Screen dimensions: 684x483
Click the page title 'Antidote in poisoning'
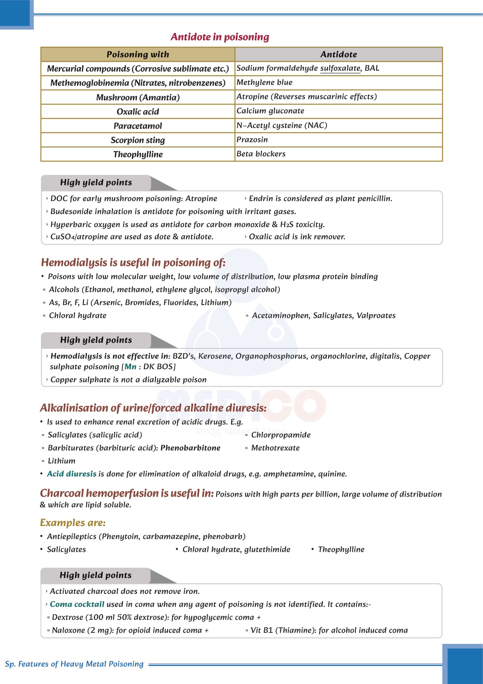(x=220, y=37)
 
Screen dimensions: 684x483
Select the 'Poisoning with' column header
(x=137, y=54)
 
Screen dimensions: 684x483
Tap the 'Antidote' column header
(x=339, y=54)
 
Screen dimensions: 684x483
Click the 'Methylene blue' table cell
(x=264, y=82)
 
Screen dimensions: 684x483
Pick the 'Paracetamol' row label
(x=137, y=126)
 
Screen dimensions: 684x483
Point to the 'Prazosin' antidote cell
(x=252, y=140)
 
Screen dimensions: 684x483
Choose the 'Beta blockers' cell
(x=261, y=154)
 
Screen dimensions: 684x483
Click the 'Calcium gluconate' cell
(x=270, y=111)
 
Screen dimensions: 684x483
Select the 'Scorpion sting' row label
(x=137, y=140)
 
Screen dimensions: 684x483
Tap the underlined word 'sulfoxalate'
(x=340, y=68)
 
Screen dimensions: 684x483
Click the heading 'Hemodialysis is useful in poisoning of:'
(x=133, y=262)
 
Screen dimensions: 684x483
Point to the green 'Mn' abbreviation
(x=130, y=367)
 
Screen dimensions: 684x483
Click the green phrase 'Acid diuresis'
(x=72, y=474)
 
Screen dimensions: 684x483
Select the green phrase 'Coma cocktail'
(x=77, y=604)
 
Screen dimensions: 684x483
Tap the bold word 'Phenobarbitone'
(x=191, y=448)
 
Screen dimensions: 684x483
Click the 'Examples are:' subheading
(x=73, y=523)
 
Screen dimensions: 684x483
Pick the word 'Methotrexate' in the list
(x=275, y=448)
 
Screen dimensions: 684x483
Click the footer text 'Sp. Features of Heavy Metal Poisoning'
(x=74, y=664)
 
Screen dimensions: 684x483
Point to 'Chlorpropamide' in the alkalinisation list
(x=281, y=435)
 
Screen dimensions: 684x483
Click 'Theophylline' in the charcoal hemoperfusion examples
(x=341, y=550)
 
